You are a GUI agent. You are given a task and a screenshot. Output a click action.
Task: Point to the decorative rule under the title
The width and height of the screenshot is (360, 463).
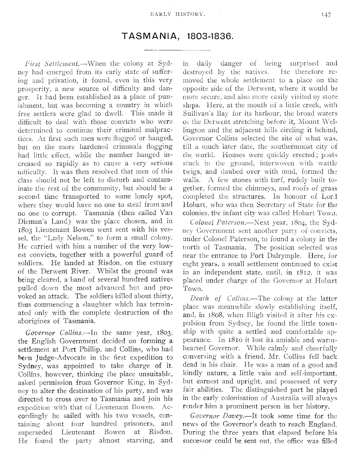177,50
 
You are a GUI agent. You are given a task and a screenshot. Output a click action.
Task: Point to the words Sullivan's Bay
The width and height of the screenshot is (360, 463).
208,114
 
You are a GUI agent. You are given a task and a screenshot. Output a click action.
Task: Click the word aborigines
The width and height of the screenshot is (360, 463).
39,321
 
